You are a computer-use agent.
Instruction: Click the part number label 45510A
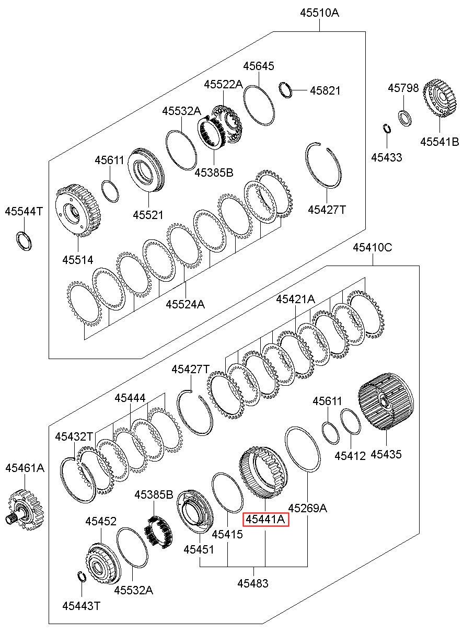[x=319, y=13]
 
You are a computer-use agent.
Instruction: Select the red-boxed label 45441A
[x=266, y=519]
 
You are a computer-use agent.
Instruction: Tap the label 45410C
[x=372, y=248]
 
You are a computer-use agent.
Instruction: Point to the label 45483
[x=253, y=583]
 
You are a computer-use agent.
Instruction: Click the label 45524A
[x=186, y=304]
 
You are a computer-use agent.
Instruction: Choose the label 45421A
[x=295, y=298]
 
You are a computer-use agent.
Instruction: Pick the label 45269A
[x=307, y=508]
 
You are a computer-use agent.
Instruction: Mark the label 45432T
[x=74, y=436]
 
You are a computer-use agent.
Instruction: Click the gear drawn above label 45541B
[x=439, y=98]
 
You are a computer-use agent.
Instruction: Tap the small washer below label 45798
[x=404, y=118]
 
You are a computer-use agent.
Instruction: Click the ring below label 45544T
[x=24, y=240]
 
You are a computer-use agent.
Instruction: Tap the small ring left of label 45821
[x=286, y=90]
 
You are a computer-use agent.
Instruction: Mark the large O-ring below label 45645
[x=259, y=105]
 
